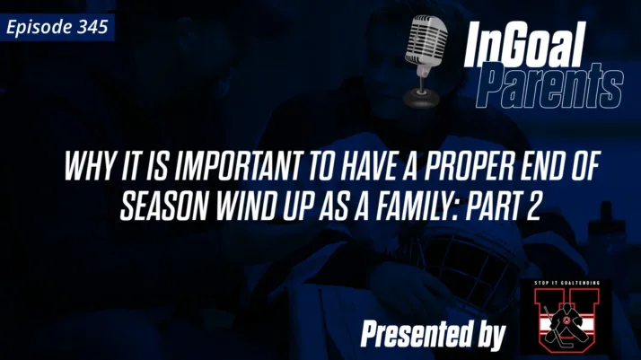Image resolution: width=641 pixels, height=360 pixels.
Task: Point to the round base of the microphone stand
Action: tap(420, 96)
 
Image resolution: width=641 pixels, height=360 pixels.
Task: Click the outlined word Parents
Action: tap(549, 86)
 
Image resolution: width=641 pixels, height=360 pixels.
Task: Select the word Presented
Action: tap(412, 334)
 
